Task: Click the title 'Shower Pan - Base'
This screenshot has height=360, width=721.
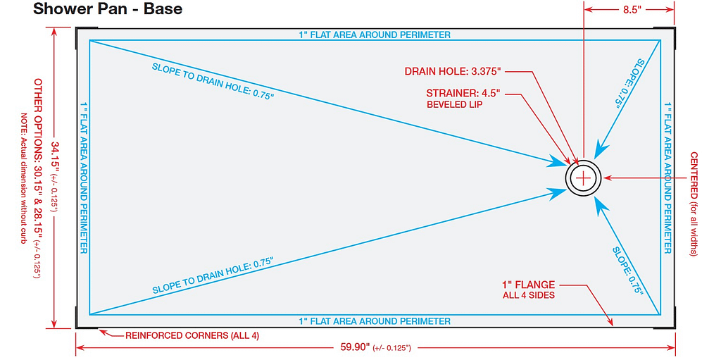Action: (x=108, y=9)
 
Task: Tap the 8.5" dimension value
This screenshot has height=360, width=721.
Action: (x=629, y=10)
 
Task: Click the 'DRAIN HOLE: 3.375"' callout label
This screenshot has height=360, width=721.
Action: (x=452, y=71)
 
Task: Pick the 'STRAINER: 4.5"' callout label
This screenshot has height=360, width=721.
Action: (x=463, y=93)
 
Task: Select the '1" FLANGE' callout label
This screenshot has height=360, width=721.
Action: (x=528, y=285)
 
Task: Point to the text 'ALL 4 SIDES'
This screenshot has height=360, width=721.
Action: (x=528, y=295)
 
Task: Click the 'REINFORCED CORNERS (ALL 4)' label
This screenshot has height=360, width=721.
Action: (x=192, y=335)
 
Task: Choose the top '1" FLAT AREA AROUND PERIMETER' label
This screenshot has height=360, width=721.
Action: (x=375, y=35)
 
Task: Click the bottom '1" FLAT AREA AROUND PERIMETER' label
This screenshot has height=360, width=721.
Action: (x=375, y=321)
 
